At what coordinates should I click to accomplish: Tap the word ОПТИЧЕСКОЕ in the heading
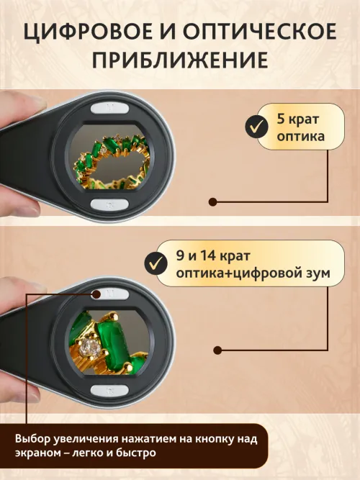pyautogui.click(x=256, y=32)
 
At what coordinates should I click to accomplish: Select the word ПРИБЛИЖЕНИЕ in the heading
pyautogui.click(x=180, y=60)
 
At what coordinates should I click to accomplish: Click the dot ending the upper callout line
pyautogui.click(x=212, y=203)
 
